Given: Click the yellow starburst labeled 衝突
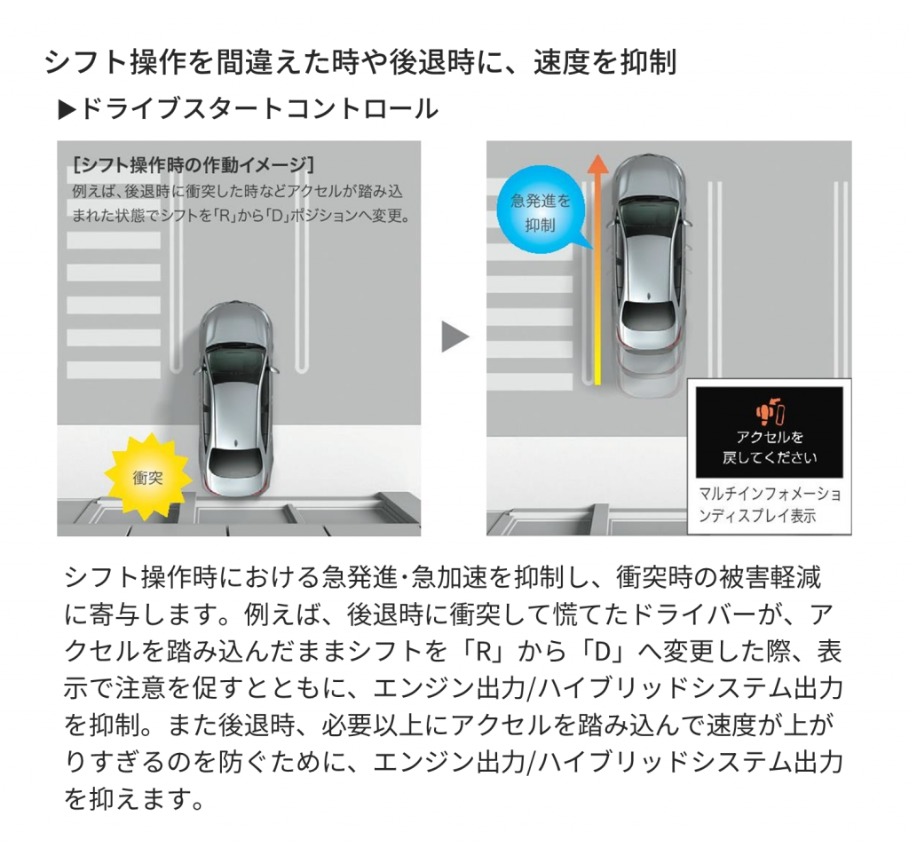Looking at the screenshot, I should tap(147, 477).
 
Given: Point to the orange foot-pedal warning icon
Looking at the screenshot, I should tap(769, 412).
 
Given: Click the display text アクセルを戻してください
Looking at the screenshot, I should tap(769, 448).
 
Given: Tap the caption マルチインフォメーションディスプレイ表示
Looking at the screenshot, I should tap(769, 504).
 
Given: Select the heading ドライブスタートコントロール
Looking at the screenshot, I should tap(258, 108).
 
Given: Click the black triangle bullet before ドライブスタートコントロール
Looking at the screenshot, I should tap(67, 109).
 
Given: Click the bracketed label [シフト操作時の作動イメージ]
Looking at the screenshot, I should tap(194, 165).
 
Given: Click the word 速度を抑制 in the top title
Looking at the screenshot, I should tap(605, 62).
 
